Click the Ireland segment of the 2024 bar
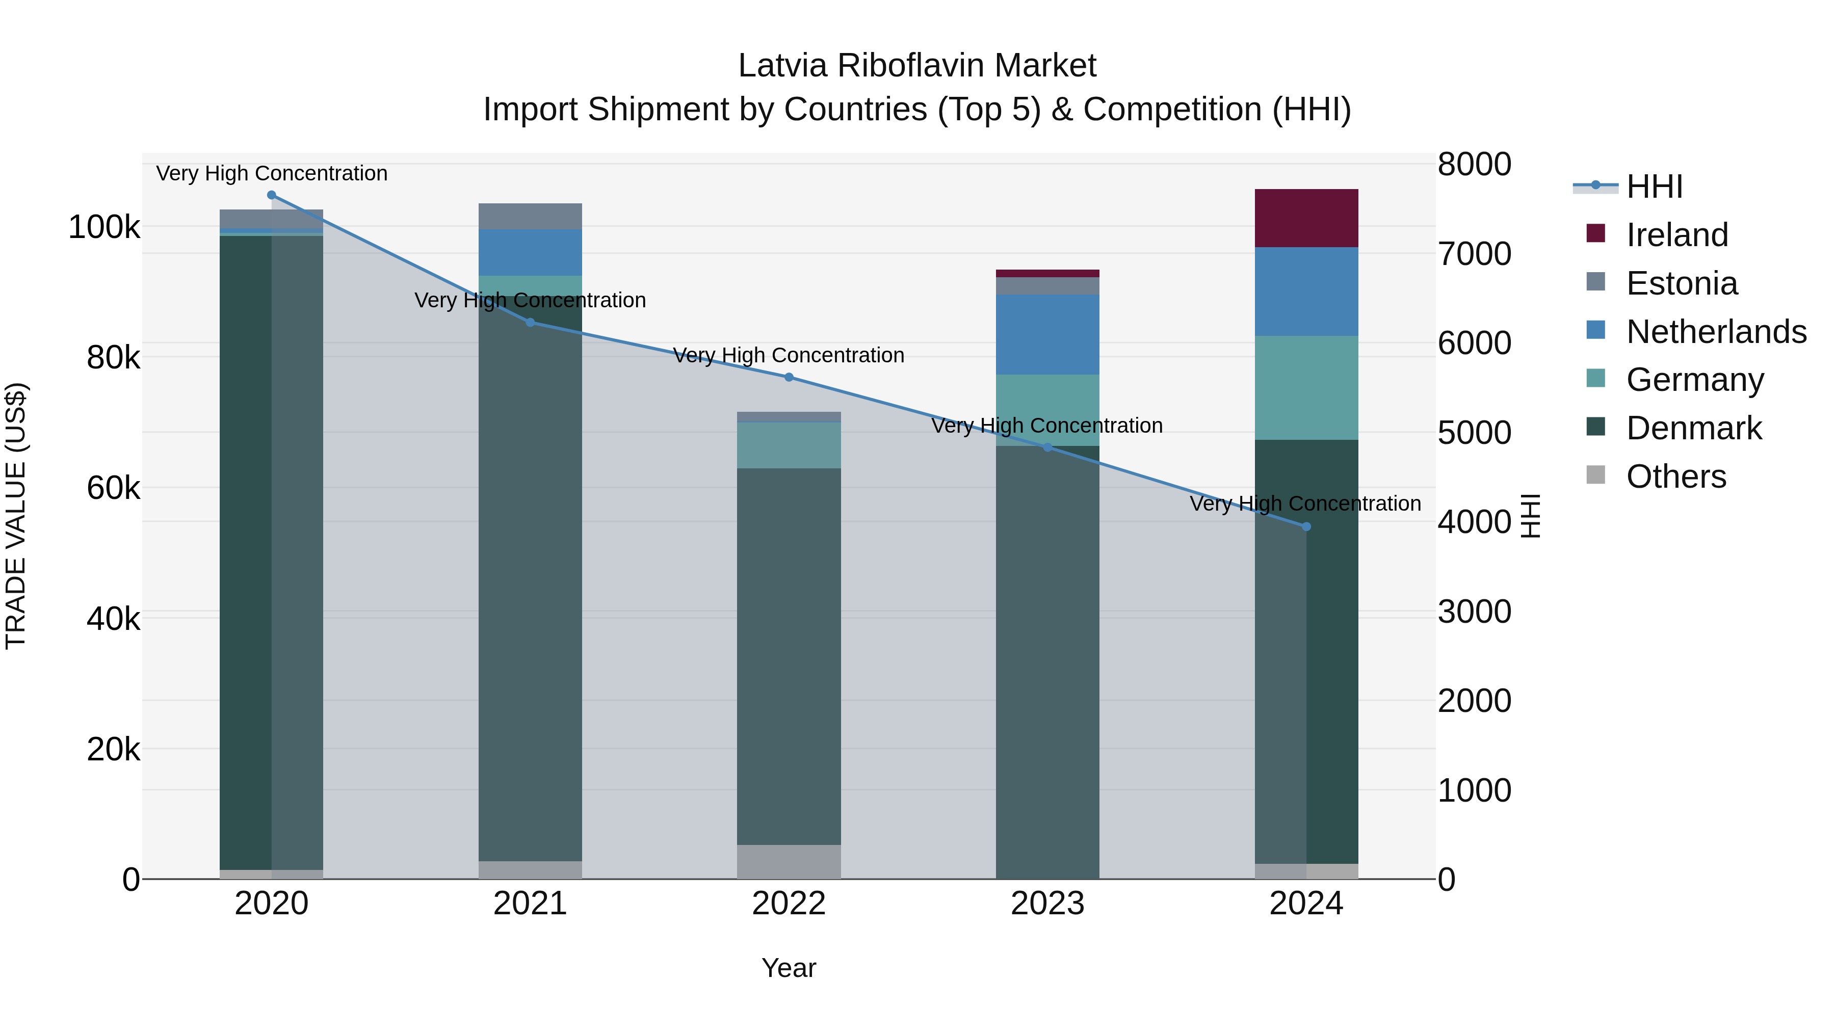click(x=1306, y=218)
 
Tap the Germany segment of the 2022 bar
click(x=789, y=445)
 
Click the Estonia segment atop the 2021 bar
click(x=530, y=216)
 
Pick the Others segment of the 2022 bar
click(x=789, y=861)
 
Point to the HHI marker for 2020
click(x=271, y=195)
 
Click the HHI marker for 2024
click(x=1306, y=527)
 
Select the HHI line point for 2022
click(x=789, y=378)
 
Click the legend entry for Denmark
click(x=1693, y=428)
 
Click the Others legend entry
click(x=1675, y=477)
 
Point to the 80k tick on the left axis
click(x=113, y=358)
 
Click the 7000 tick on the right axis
click(x=1474, y=254)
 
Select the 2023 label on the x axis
click(x=1047, y=904)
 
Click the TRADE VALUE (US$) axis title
click(x=16, y=516)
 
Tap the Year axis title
click(x=789, y=968)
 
